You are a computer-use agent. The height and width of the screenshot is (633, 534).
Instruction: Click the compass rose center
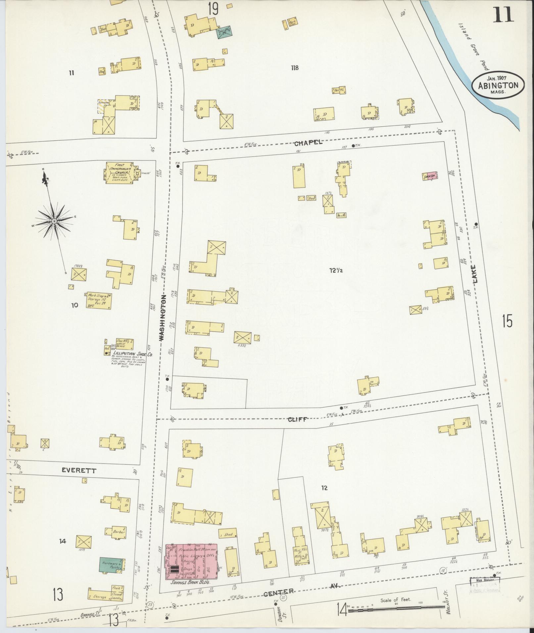[54, 221]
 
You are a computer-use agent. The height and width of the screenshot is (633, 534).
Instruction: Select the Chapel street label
[308, 143]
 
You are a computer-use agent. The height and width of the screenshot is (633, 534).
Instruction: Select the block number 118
[295, 68]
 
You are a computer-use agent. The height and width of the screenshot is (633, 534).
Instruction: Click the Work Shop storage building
[99, 300]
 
